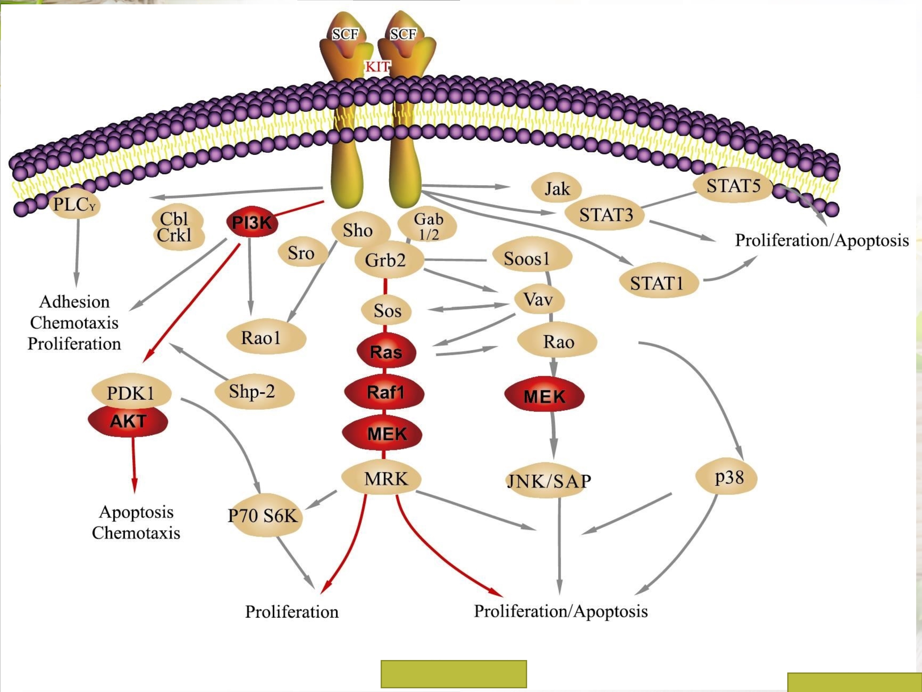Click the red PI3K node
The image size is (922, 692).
(252, 222)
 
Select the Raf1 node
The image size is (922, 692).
(385, 392)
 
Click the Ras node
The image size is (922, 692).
(386, 352)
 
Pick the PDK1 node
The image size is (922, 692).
(131, 392)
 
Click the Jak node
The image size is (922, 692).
(557, 189)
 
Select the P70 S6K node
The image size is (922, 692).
(263, 515)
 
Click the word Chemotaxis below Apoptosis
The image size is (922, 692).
(136, 533)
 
